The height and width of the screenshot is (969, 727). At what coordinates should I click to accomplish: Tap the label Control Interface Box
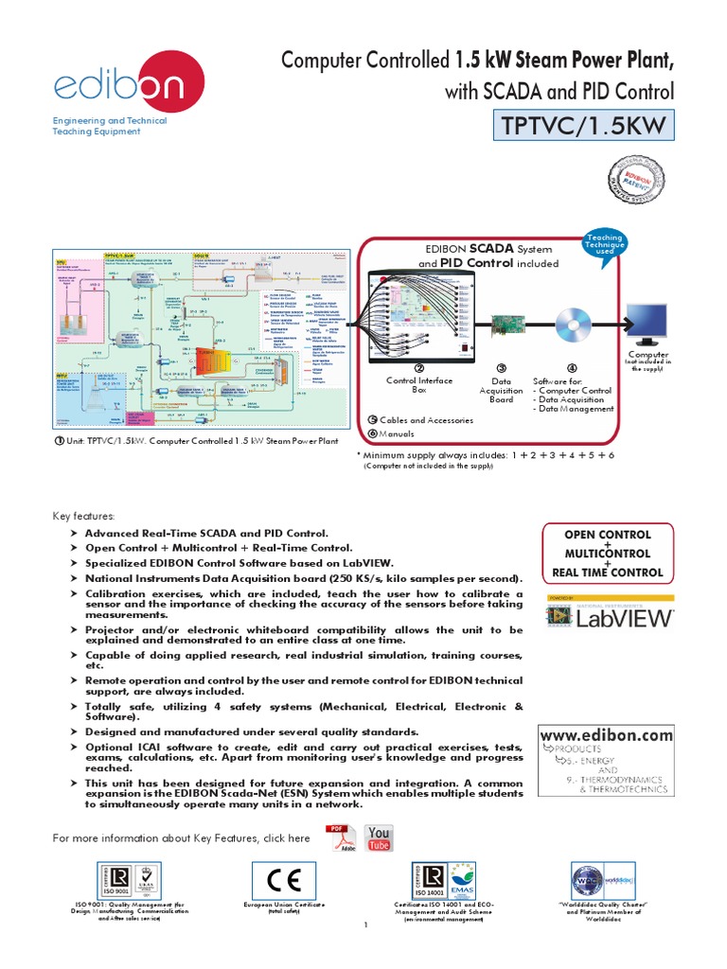(419, 384)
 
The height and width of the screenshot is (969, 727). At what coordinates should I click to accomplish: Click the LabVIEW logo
(610, 616)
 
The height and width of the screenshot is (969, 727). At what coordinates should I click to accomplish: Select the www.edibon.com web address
(606, 735)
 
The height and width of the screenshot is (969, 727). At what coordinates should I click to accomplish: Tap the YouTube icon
(378, 837)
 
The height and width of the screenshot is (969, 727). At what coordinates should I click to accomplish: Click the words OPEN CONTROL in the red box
(607, 535)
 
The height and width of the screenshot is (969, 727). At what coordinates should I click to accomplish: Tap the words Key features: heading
(84, 517)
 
